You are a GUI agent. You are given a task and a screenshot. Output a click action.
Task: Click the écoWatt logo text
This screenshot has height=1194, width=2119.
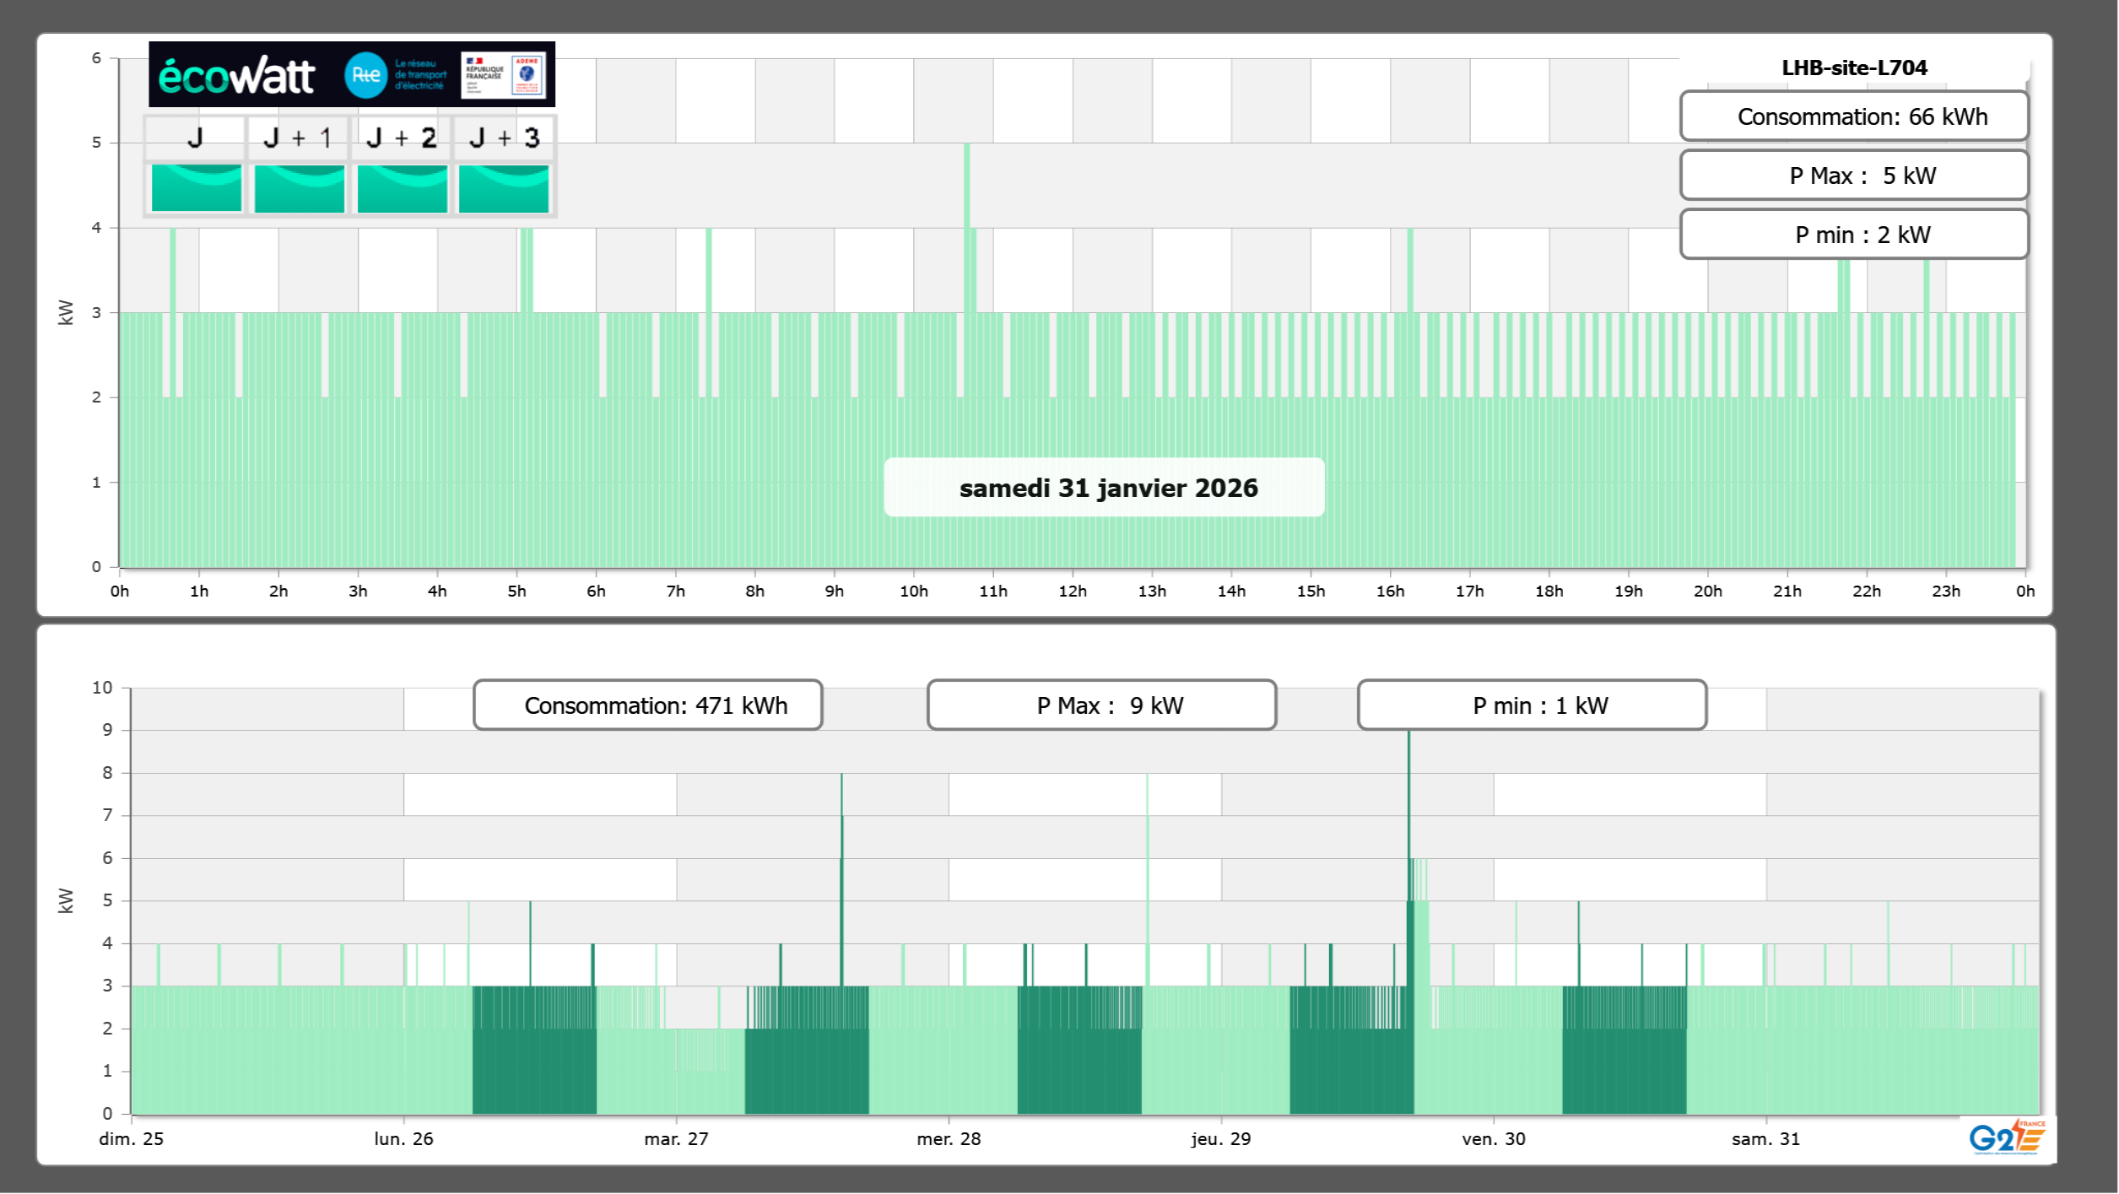pos(236,76)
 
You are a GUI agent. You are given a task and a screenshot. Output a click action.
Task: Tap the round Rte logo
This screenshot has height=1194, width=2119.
pos(365,75)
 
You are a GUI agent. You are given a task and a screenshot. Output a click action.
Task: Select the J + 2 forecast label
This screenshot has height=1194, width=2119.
pos(402,138)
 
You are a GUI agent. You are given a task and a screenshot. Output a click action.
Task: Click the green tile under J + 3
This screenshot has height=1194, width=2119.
pos(504,187)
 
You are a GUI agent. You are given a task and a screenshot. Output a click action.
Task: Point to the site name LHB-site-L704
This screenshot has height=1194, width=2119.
pos(1854,68)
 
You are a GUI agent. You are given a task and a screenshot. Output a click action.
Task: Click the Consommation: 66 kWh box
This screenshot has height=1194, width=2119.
pos(1854,116)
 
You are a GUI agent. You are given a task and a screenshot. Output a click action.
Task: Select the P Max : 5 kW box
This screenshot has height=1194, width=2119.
pos(1854,176)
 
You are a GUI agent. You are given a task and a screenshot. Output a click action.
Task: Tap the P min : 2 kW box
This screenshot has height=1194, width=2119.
pos(1854,235)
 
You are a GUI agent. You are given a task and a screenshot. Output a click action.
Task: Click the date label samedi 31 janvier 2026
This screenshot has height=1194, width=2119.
pos(1108,488)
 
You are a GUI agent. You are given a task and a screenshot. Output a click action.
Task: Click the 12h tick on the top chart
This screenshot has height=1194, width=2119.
pos(1073,591)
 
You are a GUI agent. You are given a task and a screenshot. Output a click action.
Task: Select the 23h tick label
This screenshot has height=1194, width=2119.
pos(1946,591)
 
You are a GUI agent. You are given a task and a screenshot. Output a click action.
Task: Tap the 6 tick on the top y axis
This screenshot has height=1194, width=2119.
pos(97,58)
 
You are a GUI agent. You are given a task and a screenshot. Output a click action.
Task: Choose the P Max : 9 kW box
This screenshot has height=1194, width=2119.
pos(1102,705)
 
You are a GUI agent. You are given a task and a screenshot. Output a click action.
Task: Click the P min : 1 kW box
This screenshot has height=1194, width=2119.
pos(1532,705)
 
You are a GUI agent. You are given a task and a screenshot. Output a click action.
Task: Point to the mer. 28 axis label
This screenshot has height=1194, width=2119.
pos(949,1138)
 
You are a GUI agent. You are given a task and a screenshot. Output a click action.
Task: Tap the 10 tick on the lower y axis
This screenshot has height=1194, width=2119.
pos(102,688)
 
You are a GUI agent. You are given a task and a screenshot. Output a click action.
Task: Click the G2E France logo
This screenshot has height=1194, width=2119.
pos(2007,1137)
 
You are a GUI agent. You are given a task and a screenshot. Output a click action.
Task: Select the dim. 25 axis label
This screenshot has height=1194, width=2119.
pos(132,1138)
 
